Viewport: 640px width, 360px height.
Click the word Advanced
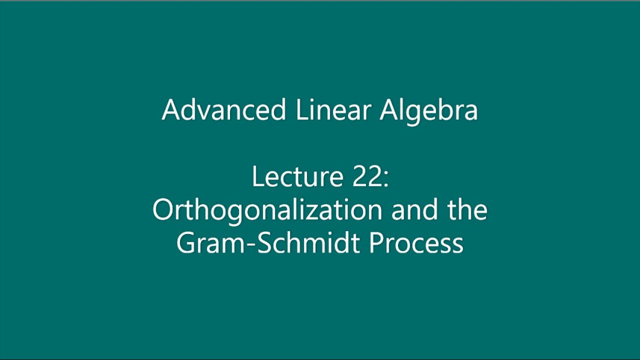coord(223,109)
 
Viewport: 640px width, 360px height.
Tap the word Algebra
coord(428,109)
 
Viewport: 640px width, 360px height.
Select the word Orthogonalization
coord(267,210)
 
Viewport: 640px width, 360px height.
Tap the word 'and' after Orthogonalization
coord(414,210)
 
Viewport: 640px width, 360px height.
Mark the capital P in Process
coord(376,243)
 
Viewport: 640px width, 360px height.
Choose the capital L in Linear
coord(300,109)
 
